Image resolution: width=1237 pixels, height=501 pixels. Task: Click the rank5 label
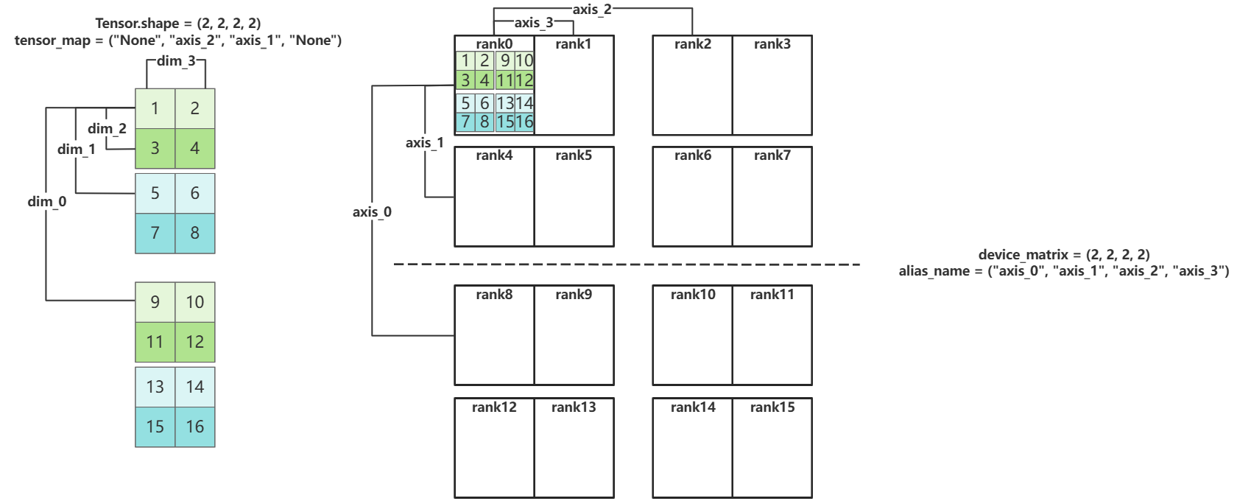[574, 155]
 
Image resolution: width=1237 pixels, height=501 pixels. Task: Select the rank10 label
[692, 295]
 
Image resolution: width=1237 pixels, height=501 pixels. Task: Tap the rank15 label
[772, 407]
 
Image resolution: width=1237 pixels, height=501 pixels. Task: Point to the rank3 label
[772, 44]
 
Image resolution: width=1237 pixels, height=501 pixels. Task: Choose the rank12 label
[494, 407]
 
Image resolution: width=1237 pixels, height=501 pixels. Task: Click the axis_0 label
[372, 212]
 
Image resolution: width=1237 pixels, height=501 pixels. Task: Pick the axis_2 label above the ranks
[592, 9]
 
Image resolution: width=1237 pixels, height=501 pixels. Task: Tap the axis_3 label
[534, 23]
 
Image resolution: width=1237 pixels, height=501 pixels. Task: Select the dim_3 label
[176, 60]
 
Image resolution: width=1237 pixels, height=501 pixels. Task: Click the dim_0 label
[47, 201]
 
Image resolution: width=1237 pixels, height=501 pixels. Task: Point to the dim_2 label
[107, 129]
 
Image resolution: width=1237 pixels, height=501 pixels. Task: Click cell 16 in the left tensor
[195, 427]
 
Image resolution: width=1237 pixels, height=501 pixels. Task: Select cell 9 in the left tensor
[155, 301]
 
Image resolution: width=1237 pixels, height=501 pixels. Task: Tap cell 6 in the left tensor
[195, 193]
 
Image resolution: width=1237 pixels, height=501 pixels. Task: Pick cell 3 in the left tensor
[155, 148]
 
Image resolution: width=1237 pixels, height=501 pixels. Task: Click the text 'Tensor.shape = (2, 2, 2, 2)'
[178, 24]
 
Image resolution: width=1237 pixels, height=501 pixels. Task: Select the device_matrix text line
[1063, 255]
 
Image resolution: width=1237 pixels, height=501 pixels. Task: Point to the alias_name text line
[1063, 271]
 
